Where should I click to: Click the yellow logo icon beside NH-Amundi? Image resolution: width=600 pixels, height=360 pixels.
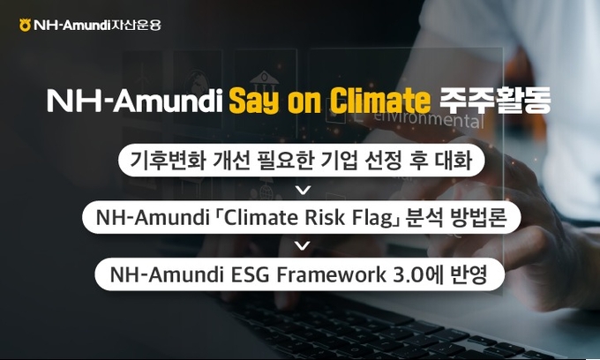[25, 26]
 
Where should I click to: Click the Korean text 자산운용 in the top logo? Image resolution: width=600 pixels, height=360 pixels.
[136, 26]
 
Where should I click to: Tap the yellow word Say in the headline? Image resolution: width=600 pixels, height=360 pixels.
[254, 101]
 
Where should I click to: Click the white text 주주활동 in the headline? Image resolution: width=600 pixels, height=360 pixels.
[495, 101]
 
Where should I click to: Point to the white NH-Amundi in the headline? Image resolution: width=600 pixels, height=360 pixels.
[135, 101]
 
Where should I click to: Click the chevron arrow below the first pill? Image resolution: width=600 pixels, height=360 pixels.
[304, 190]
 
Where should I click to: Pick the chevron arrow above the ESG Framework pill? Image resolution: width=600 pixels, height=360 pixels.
[303, 245]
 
